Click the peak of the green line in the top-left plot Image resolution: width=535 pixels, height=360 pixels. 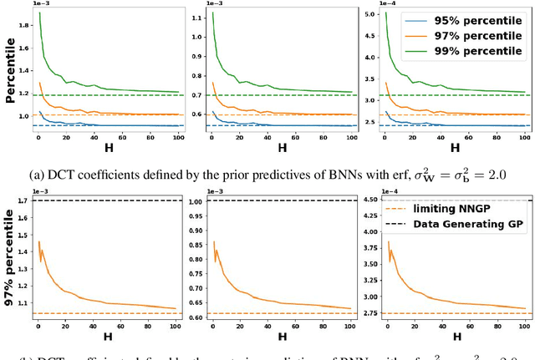coord(38,13)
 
